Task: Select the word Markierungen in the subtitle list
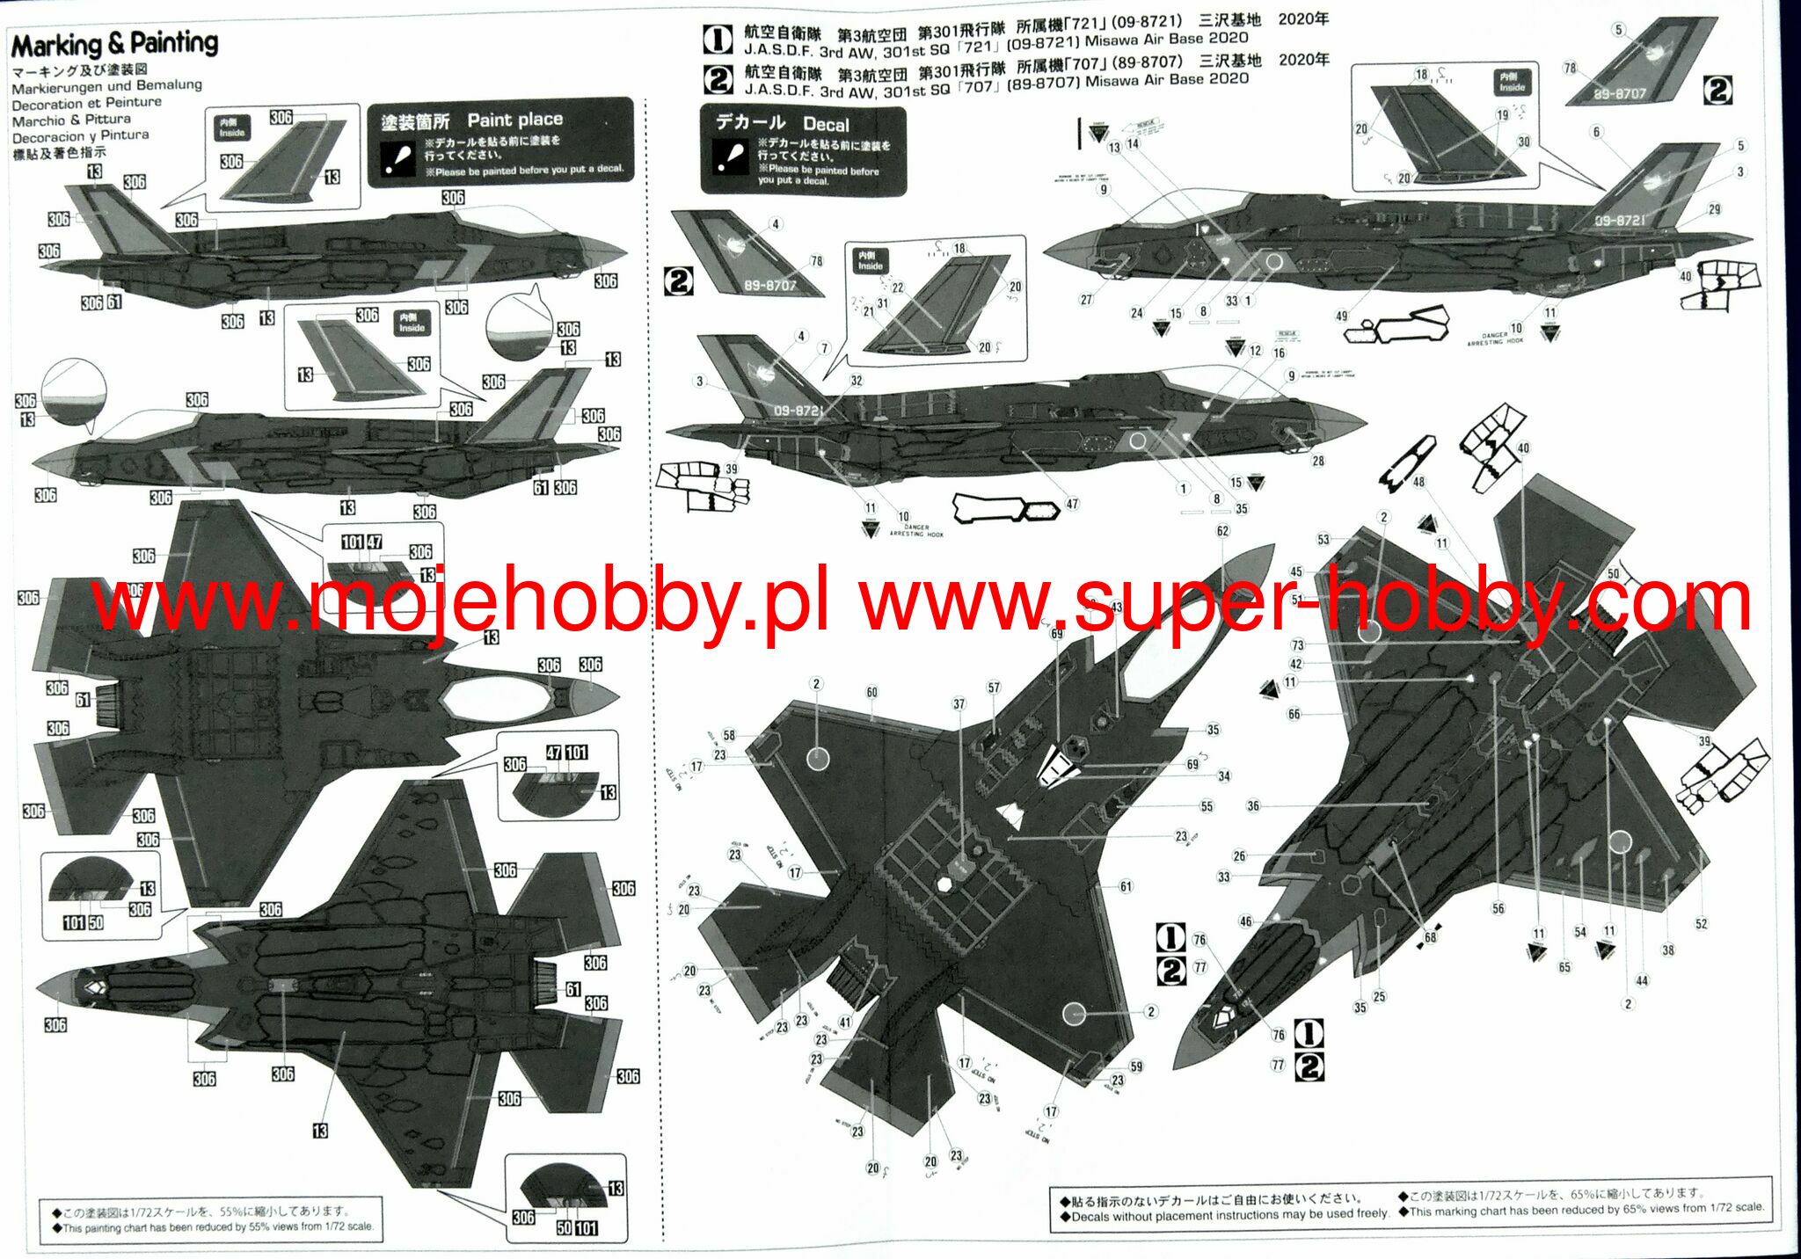pyautogui.click(x=55, y=87)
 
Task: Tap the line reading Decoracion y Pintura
pyautogui.click(x=80, y=136)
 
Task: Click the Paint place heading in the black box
pyautogui.click(x=514, y=120)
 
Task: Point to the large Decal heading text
pyautogui.click(x=826, y=125)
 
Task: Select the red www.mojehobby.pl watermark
pyautogui.click(x=461, y=603)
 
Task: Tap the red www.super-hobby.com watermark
pyautogui.click(x=1305, y=603)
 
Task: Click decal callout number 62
pyautogui.click(x=1222, y=531)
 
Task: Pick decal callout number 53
pyautogui.click(x=1323, y=540)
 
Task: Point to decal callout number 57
pyautogui.click(x=994, y=688)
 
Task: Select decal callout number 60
pyautogui.click(x=871, y=693)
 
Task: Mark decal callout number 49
pyautogui.click(x=1341, y=316)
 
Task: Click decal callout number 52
pyautogui.click(x=1702, y=923)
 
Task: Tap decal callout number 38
pyautogui.click(x=1668, y=950)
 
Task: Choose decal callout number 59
pyautogui.click(x=1136, y=1066)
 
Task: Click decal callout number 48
pyautogui.click(x=1418, y=482)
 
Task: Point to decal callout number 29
pyautogui.click(x=1715, y=209)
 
